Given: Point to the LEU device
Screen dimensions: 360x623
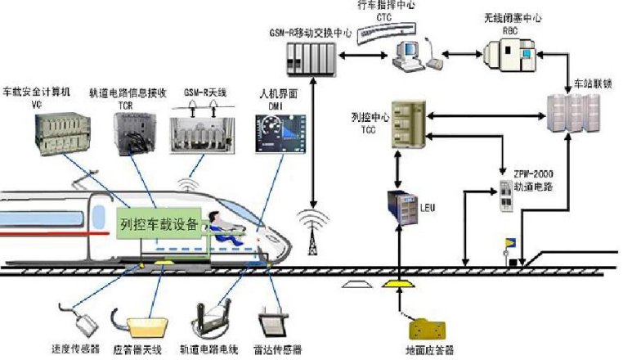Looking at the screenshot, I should (x=401, y=210).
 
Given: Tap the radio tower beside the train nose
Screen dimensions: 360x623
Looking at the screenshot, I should (x=311, y=228).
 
